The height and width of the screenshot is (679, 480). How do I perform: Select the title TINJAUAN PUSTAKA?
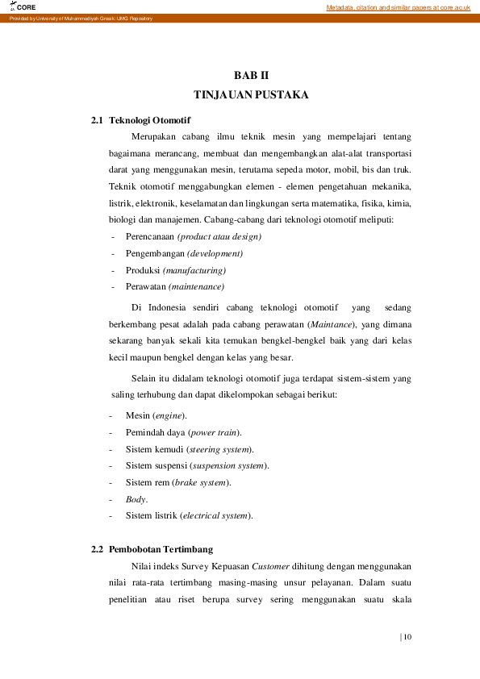click(251, 94)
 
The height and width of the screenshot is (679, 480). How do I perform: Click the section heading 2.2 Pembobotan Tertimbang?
click(152, 549)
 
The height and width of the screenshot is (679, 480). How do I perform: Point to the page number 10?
click(407, 637)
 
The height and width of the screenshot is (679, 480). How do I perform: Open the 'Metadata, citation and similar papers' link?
click(398, 6)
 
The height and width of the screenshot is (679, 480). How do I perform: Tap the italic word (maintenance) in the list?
click(195, 286)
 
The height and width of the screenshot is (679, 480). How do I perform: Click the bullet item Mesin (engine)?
click(156, 415)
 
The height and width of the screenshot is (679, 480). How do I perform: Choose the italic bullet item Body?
click(136, 499)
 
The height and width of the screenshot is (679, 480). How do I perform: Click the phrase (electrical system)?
click(216, 515)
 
